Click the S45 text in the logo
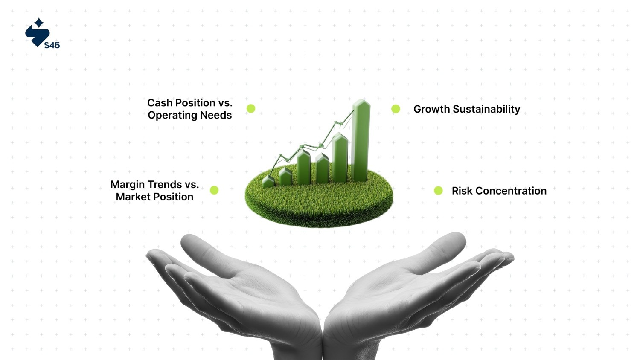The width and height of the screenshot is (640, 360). [x=52, y=45]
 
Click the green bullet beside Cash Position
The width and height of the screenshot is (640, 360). [x=251, y=109]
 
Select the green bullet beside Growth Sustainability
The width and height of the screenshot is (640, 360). [x=396, y=109]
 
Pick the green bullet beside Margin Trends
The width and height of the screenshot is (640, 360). [x=214, y=190]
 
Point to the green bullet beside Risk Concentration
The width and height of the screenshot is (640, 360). [x=438, y=191]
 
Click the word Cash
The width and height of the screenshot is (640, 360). [x=160, y=102]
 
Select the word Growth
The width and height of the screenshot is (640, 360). [x=431, y=109]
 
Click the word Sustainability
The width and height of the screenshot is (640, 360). [x=486, y=109]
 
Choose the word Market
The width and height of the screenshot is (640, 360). [x=133, y=197]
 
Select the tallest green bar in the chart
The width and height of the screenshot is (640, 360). [x=361, y=140]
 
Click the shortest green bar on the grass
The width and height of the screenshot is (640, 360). [x=268, y=181]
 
